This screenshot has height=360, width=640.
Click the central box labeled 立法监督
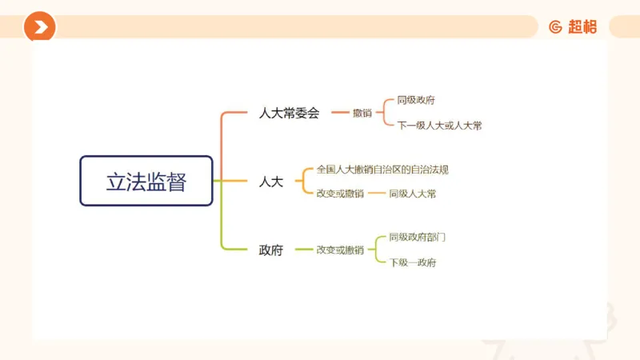click(x=146, y=181)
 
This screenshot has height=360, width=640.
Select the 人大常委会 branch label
click(x=289, y=113)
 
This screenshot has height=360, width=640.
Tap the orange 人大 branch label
click(x=271, y=182)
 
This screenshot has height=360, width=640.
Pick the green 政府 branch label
click(x=271, y=250)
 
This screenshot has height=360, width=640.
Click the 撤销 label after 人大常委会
click(x=362, y=113)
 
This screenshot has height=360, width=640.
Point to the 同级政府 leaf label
click(x=416, y=101)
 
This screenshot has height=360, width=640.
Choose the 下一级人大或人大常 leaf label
click(x=439, y=126)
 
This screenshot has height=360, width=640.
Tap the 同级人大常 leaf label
click(x=413, y=194)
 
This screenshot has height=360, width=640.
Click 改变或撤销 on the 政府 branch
click(x=340, y=250)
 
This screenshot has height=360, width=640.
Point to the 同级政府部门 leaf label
click(x=417, y=238)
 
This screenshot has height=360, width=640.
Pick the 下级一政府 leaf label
click(x=413, y=262)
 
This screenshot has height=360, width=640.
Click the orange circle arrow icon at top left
click(x=39, y=27)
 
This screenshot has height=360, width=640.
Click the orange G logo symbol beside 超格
click(x=555, y=27)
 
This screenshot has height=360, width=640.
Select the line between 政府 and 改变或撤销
click(x=303, y=250)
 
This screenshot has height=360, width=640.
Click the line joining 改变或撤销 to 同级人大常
click(x=376, y=194)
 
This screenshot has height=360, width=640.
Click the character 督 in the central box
click(x=177, y=182)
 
